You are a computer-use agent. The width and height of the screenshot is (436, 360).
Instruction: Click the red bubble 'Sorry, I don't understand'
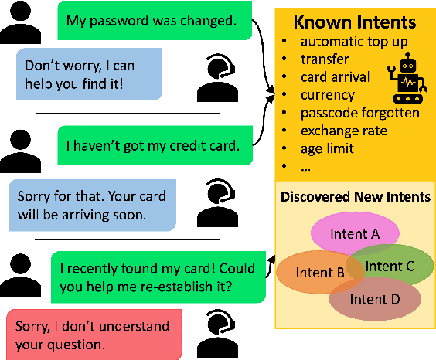pyautogui.click(x=90, y=335)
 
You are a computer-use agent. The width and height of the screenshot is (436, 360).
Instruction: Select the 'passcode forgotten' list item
pyautogui.click(x=360, y=113)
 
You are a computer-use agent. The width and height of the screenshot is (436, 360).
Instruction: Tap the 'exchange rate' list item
pyautogui.click(x=344, y=131)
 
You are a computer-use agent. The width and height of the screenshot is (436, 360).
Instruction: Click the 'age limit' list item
pyautogui.click(x=327, y=148)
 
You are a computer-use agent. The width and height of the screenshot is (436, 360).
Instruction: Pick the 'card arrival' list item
pyautogui.click(x=336, y=76)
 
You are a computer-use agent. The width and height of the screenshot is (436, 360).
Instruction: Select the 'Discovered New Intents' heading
pyautogui.click(x=355, y=197)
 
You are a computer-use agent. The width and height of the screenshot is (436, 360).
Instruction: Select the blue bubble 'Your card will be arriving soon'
pyautogui.click(x=90, y=205)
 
